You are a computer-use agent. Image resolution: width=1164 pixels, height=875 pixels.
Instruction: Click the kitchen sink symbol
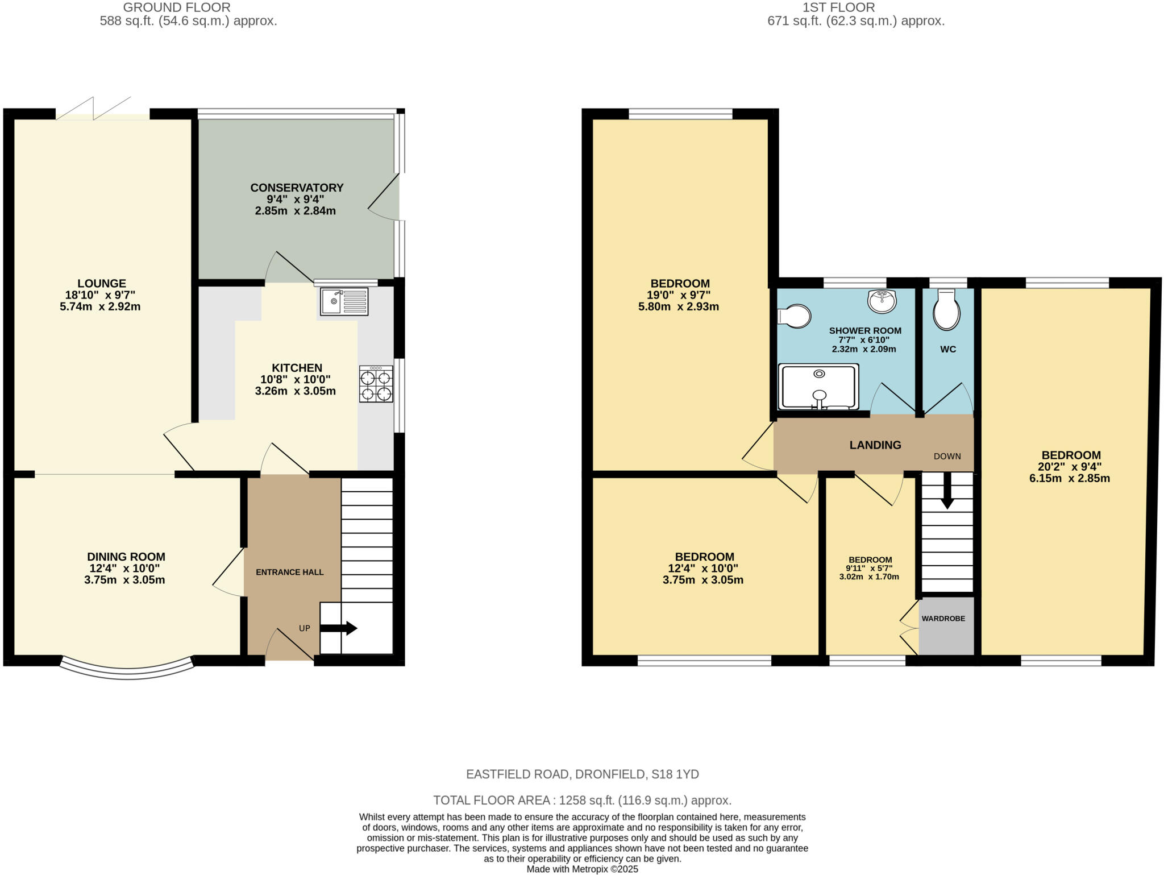tap(344, 301)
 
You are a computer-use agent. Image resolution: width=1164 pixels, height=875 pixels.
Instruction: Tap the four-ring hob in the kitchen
tap(376, 385)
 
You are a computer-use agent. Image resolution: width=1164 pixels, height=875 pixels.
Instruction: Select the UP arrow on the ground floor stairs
tap(339, 628)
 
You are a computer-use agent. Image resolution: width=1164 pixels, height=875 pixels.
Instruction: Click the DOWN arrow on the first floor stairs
tap(947, 490)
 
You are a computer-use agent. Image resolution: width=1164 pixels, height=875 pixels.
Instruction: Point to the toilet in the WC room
tap(946, 310)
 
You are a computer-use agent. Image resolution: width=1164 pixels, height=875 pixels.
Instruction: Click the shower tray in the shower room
tap(818, 387)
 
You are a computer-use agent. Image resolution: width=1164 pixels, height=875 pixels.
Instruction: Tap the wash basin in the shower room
tap(882, 301)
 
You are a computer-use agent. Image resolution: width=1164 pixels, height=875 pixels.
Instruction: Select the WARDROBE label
tap(943, 619)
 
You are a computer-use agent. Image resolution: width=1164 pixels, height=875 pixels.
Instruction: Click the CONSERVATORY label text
tap(297, 188)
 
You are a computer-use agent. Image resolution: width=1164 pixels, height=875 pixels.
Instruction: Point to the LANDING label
tap(875, 445)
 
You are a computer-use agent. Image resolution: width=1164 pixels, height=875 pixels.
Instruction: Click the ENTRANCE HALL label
tap(289, 573)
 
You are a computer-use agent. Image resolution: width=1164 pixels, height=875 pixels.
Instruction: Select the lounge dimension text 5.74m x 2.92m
tap(100, 307)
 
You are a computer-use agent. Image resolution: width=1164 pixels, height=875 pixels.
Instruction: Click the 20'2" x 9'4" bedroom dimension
tap(1070, 467)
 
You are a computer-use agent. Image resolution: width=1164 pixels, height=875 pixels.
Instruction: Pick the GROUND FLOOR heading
tap(177, 8)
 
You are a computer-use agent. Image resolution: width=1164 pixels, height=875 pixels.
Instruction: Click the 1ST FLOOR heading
tap(838, 8)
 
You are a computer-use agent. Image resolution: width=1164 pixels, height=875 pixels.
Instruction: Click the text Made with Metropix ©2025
tap(582, 869)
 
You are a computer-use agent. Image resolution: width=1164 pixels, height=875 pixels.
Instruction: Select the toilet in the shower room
tap(796, 316)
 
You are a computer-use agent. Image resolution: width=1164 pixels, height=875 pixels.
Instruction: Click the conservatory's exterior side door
tap(384, 196)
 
